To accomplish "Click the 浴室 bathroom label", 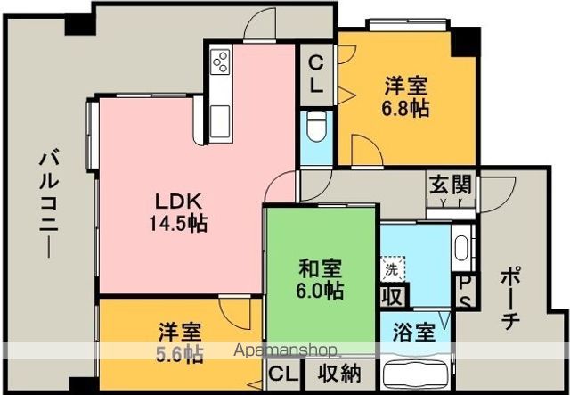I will tap(414, 333).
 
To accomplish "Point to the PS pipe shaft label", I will tap(465, 291).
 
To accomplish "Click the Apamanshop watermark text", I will tap(284, 350).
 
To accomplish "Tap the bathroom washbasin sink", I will tap(460, 244).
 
